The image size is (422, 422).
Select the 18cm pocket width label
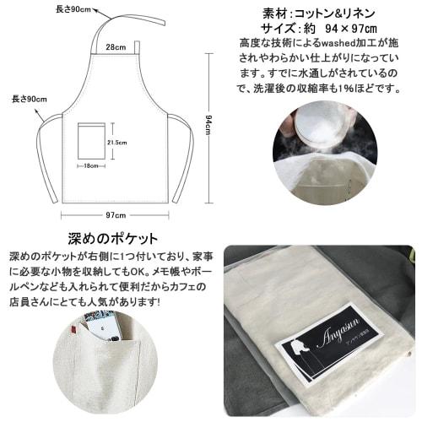point(91,165)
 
